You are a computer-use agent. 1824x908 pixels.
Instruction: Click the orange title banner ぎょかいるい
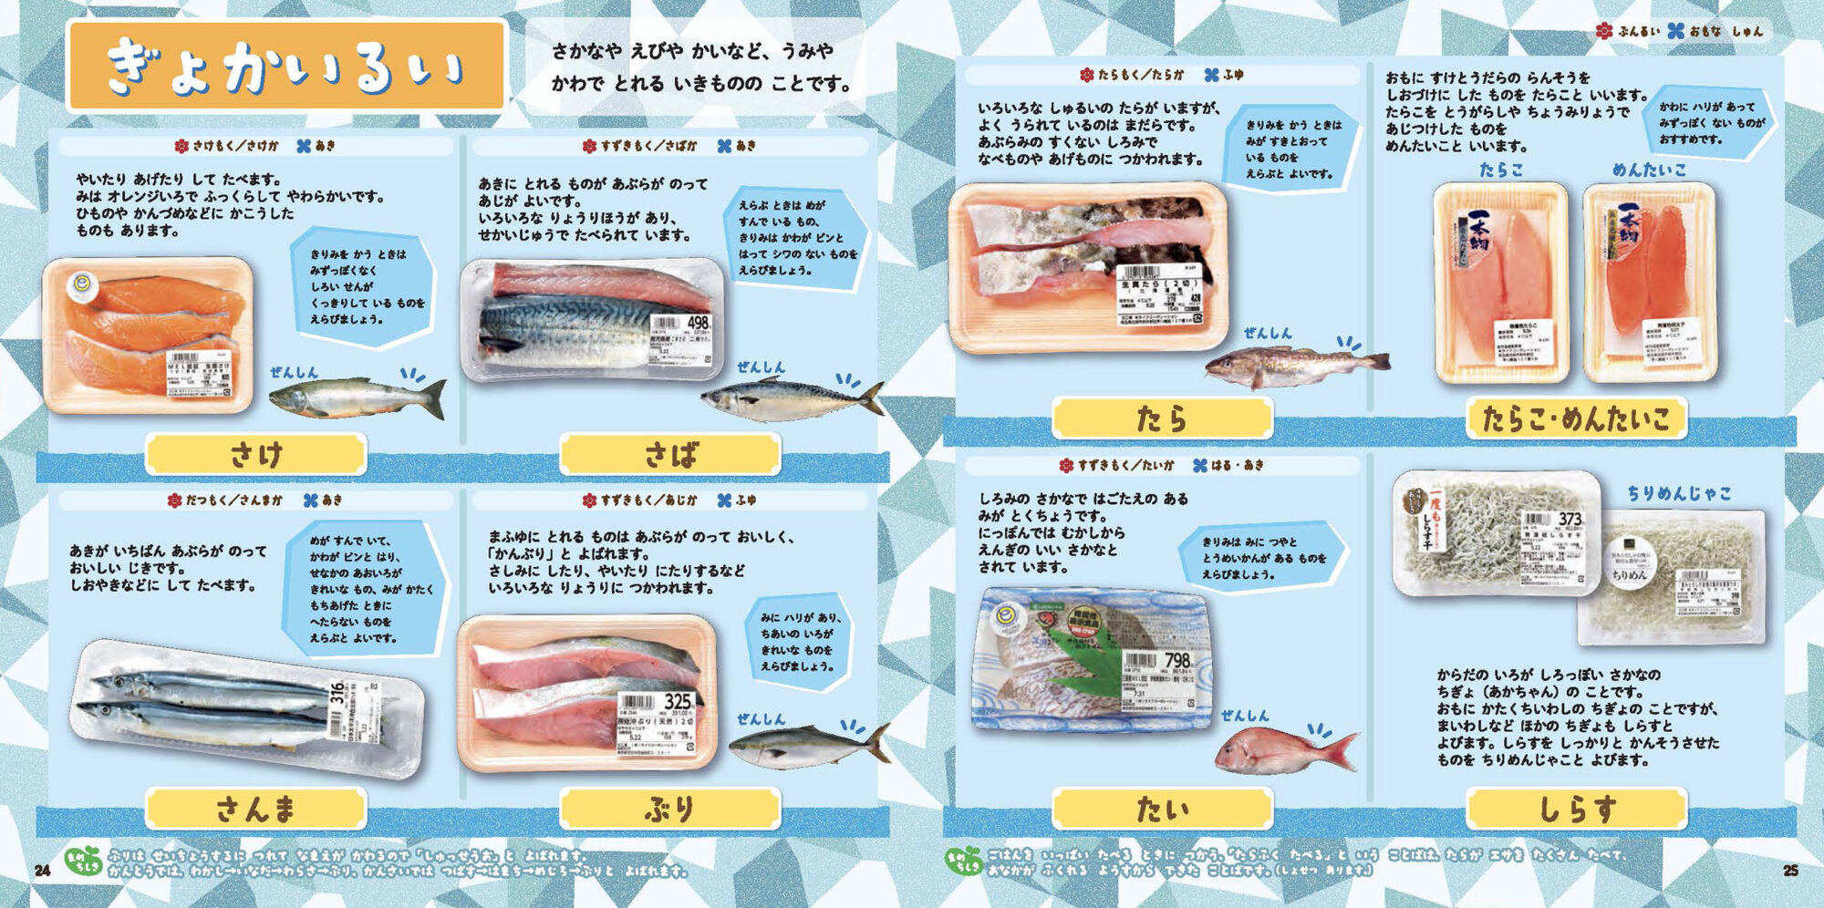coord(286,67)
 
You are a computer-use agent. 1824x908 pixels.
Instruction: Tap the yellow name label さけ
coord(256,454)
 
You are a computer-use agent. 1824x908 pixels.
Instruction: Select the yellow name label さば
coord(670,454)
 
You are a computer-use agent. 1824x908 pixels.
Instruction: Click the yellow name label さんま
coord(256,809)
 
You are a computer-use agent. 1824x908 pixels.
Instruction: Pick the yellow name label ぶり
coord(670,809)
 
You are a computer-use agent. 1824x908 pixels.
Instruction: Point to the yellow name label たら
coord(1162,418)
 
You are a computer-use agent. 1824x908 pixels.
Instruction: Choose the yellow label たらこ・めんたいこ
coord(1576,418)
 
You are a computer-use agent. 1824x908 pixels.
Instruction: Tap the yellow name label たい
coord(1162,809)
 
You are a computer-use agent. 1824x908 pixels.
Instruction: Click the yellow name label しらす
coord(1576,809)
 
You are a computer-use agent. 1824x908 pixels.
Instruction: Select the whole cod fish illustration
coord(1295,364)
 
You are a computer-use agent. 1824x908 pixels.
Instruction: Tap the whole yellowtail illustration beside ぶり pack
coord(808,746)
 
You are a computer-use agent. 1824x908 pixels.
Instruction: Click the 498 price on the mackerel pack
coord(698,324)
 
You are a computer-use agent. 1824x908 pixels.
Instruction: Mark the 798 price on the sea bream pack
coord(1177,659)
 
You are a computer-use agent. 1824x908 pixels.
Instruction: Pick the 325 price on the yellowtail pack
coord(678,701)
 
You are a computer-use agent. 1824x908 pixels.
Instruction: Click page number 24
coord(42,871)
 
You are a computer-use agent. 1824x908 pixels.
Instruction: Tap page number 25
coord(1790,871)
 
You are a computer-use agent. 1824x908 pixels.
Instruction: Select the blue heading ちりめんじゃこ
coord(1679,493)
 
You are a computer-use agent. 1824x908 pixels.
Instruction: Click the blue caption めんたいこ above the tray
coord(1649,170)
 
